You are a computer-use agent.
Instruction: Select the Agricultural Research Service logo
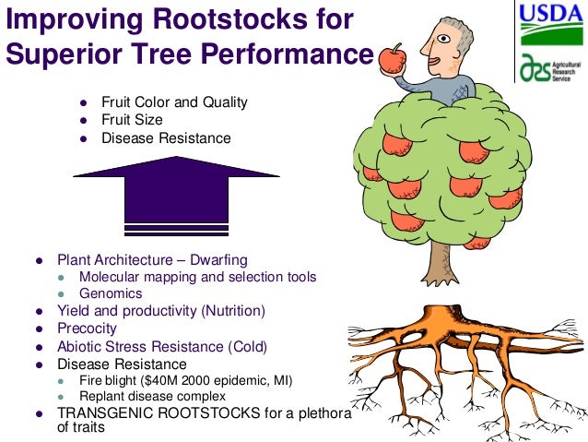coord(549,69)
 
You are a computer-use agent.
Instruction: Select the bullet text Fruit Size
coord(132,120)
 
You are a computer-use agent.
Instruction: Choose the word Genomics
coord(111,293)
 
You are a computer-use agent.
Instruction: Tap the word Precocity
coord(88,329)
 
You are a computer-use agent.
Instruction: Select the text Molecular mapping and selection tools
coord(198,277)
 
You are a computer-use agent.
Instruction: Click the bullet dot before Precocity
coord(39,329)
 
